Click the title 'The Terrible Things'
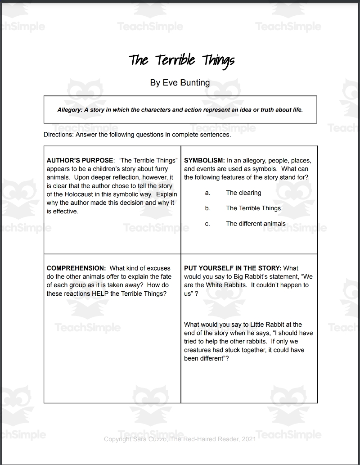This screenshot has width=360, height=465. click(182, 60)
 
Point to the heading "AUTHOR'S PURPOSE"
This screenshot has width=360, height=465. click(80, 161)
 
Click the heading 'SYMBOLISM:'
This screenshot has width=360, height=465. click(204, 161)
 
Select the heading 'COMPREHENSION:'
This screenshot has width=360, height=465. click(76, 268)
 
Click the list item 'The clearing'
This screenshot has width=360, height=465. click(243, 193)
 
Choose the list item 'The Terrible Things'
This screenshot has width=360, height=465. click(253, 208)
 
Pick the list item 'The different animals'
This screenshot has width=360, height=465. click(256, 223)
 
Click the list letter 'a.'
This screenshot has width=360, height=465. click(207, 193)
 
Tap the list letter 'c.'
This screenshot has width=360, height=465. click(207, 223)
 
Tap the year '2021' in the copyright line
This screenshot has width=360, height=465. click(247, 439)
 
